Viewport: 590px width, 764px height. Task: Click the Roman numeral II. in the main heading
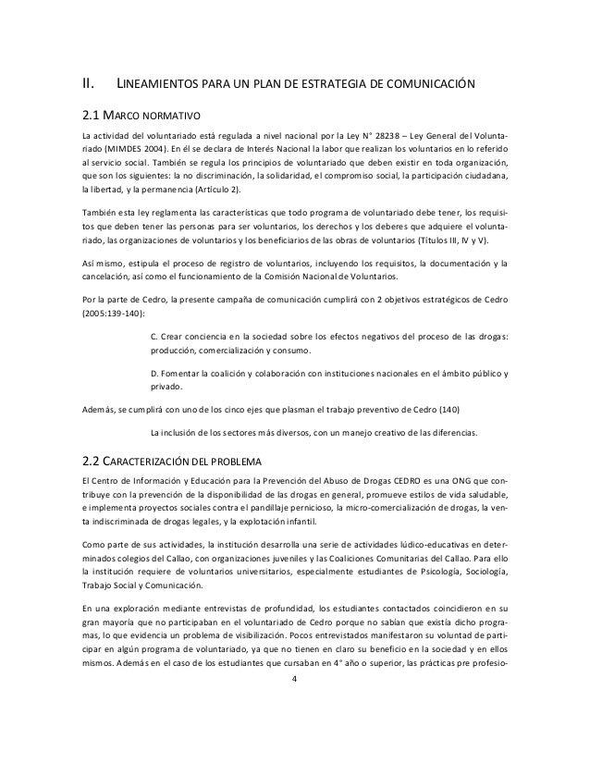pos(89,87)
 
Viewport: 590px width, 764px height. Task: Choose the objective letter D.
pos(153,372)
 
